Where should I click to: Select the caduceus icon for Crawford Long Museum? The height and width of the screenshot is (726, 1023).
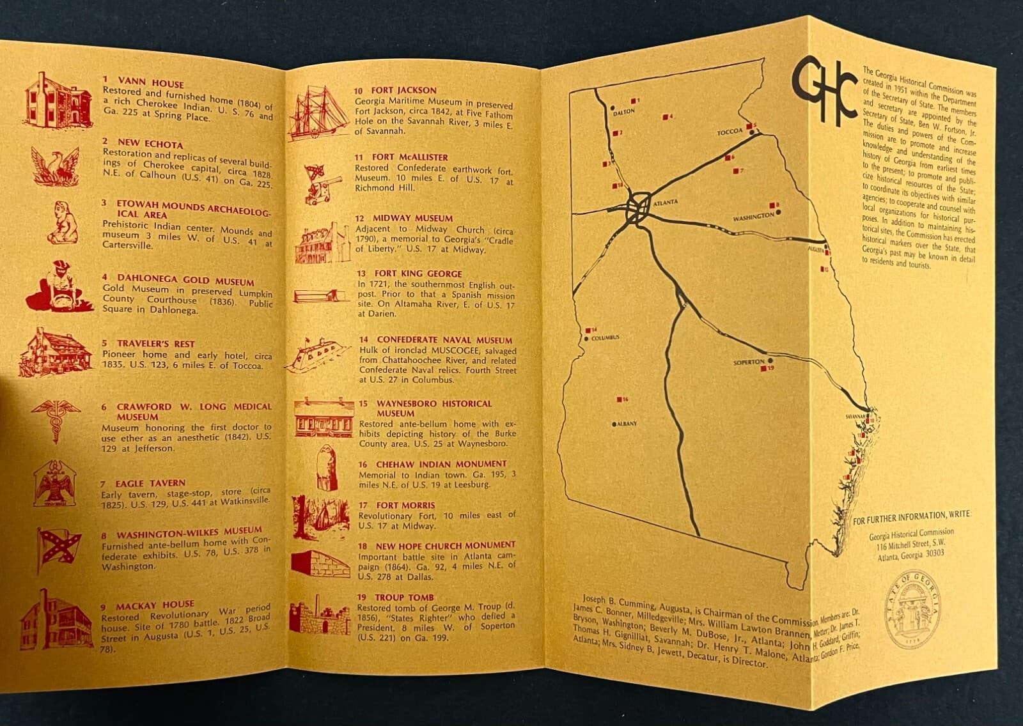[56, 421]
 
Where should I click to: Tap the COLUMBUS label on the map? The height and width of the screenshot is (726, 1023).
[605, 338]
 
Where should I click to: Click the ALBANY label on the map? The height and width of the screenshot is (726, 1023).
[627, 424]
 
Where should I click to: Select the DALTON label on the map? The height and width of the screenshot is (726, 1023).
[624, 112]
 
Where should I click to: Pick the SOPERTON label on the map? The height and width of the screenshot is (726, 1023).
[749, 362]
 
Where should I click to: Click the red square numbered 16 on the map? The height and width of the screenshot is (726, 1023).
[620, 399]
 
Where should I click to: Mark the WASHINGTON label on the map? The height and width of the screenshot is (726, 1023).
[753, 217]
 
